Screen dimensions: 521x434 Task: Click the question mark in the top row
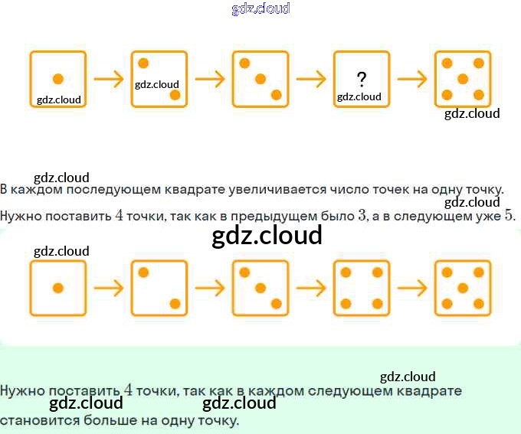[362, 80]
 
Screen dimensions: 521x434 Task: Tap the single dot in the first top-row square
[58, 79]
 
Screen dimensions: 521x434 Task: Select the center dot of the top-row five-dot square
[463, 79]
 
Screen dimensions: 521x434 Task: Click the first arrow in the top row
[109, 79]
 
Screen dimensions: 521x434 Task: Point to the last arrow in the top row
[412, 79]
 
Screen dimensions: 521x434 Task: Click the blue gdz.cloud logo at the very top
[260, 8]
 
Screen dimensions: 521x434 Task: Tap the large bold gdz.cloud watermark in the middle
[267, 235]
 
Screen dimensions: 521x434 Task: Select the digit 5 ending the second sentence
[509, 216]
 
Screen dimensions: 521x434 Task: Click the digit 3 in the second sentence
[362, 216]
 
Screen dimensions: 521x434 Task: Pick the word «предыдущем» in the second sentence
[274, 217]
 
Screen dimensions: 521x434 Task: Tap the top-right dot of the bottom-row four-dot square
[378, 272]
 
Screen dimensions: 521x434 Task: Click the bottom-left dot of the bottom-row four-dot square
[346, 304]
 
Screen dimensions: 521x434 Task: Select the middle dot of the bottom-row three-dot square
[260, 288]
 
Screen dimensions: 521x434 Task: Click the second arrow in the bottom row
[210, 288]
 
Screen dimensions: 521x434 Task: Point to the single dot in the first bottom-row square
[58, 288]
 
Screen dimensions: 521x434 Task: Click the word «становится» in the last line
[40, 421]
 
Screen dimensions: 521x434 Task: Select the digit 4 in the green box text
[128, 390]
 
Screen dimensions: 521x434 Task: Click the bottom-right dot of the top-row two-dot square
[175, 96]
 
